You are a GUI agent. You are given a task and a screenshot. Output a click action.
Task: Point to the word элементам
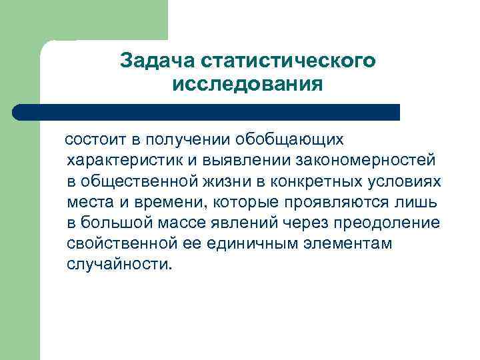coord(356,243)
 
